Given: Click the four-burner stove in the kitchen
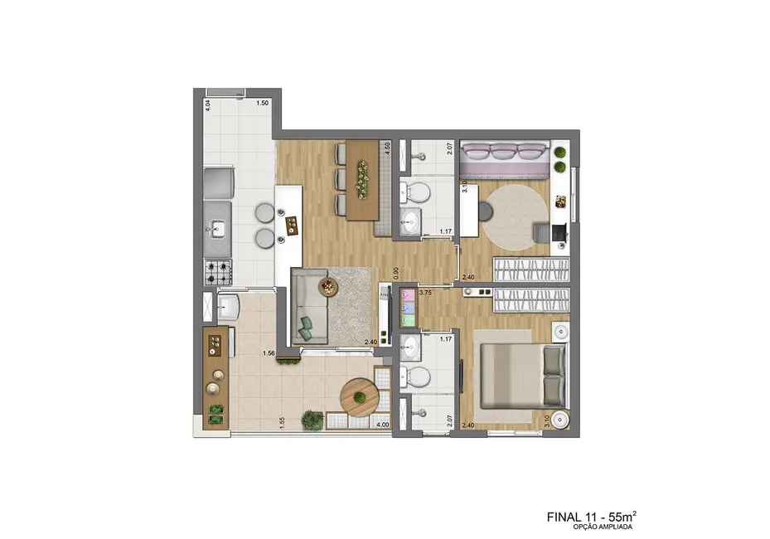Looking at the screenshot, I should click(x=219, y=271).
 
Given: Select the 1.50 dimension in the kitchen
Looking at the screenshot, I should click(x=262, y=103).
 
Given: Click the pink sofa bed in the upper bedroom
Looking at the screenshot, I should click(x=504, y=158).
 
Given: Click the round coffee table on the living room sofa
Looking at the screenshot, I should click(x=329, y=287).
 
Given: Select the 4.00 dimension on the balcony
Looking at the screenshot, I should click(x=382, y=425).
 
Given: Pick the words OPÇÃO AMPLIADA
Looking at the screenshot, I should click(x=604, y=527).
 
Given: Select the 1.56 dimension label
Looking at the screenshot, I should click(x=269, y=353).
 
